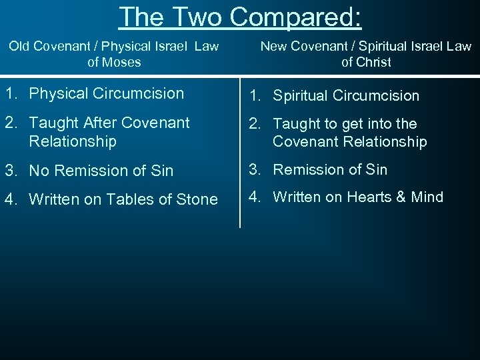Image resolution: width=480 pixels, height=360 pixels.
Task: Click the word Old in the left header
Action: pyautogui.click(x=20, y=47)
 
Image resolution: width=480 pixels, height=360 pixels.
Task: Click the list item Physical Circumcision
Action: pyautogui.click(x=107, y=93)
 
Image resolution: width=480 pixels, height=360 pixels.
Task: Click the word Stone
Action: pyautogui.click(x=197, y=199)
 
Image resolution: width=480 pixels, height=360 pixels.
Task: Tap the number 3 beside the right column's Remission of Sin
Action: pyautogui.click(x=253, y=169)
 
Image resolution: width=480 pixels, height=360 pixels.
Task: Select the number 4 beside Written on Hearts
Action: pyautogui.click(x=253, y=197)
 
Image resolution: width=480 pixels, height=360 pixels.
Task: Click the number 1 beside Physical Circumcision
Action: pyautogui.click(x=9, y=93)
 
